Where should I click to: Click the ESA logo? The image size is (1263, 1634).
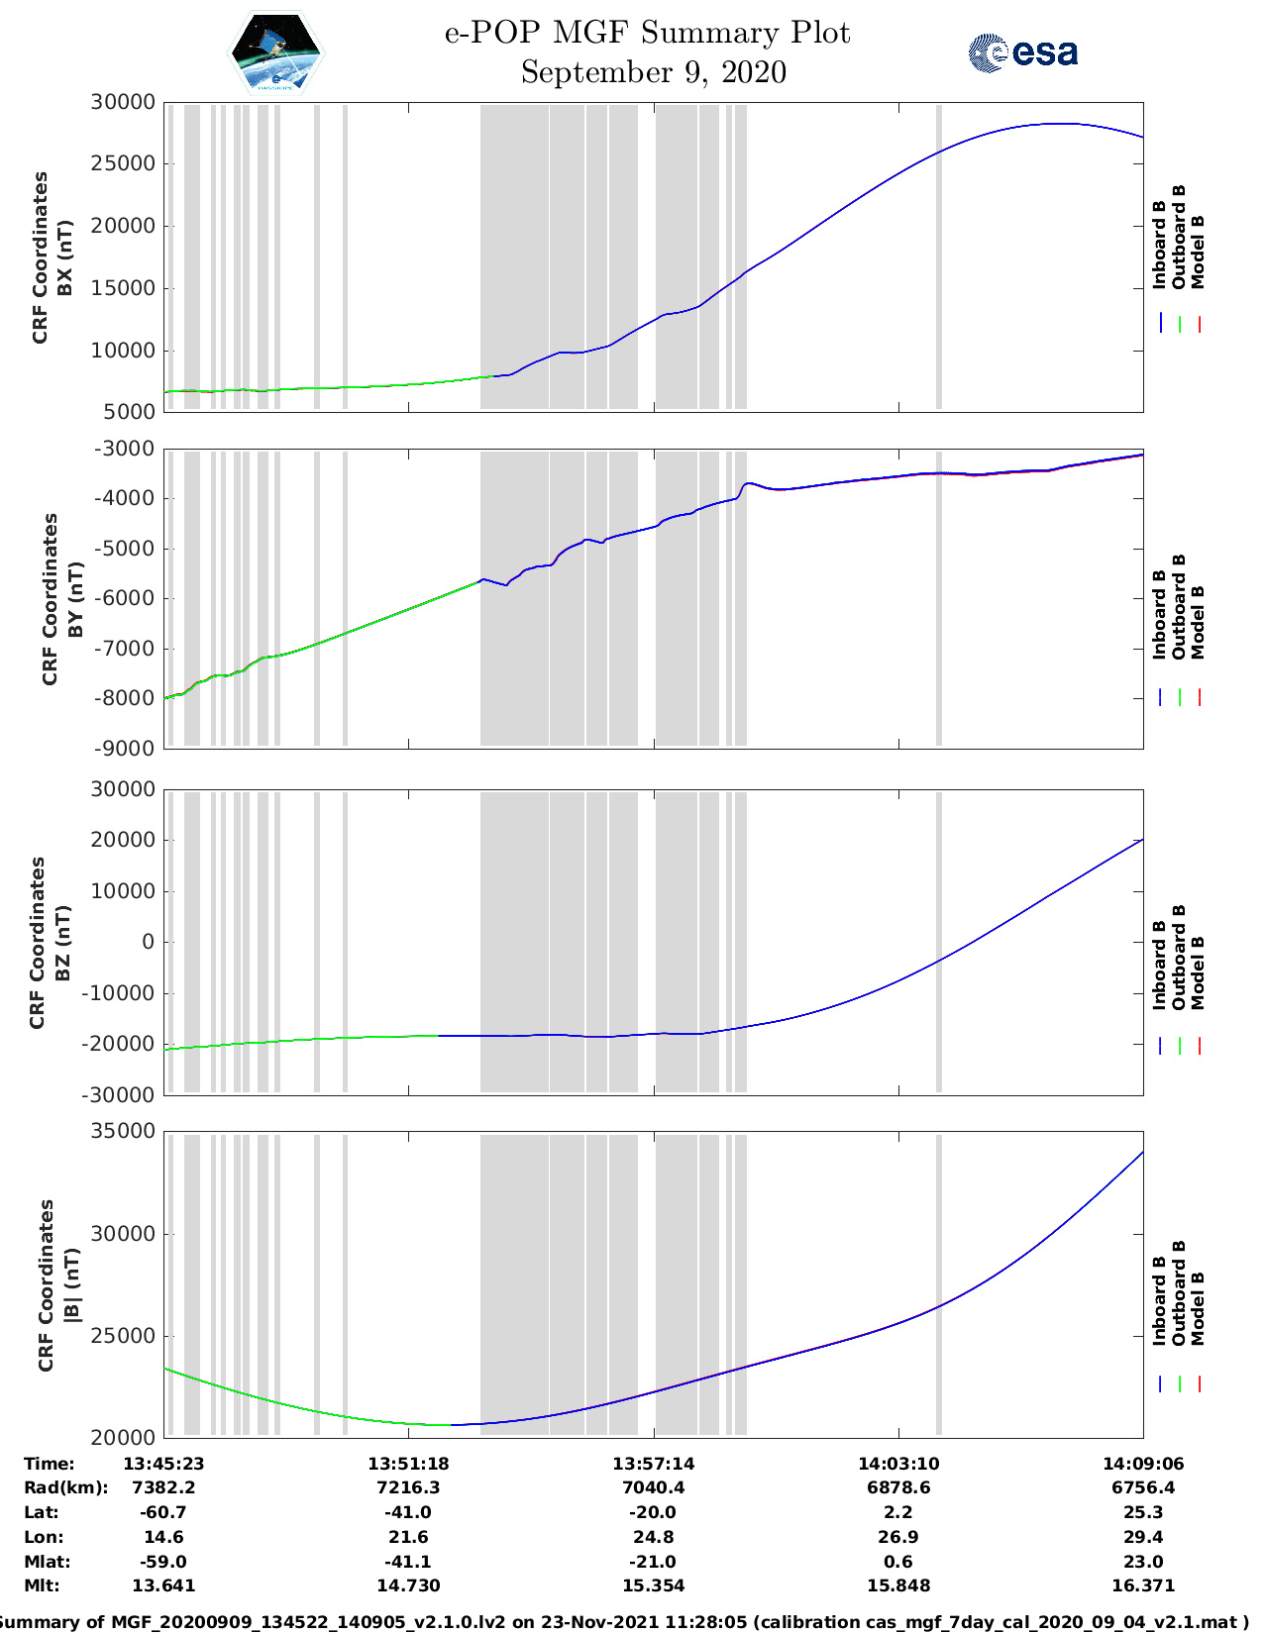[x=1023, y=52]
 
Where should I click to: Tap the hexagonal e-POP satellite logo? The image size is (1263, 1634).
[x=275, y=53]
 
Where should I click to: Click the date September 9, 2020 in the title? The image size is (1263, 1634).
[x=654, y=72]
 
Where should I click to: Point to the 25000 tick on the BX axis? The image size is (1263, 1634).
[x=124, y=164]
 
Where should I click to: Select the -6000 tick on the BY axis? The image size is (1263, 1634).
[x=124, y=598]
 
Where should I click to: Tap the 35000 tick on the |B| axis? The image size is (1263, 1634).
[x=124, y=1132]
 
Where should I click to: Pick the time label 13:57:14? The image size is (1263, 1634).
[x=653, y=1464]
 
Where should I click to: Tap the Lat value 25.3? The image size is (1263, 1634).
[x=1143, y=1512]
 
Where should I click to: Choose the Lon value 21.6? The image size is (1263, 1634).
[x=408, y=1537]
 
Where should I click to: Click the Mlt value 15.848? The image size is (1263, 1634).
[x=898, y=1585]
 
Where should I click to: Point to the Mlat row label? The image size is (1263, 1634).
[x=45, y=1562]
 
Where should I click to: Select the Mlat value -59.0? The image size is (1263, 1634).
[x=163, y=1562]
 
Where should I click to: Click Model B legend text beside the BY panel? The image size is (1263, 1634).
[x=1197, y=622]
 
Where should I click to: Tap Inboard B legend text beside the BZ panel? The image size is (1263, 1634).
[x=1159, y=966]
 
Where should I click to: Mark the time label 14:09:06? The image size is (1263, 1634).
[x=1143, y=1464]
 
